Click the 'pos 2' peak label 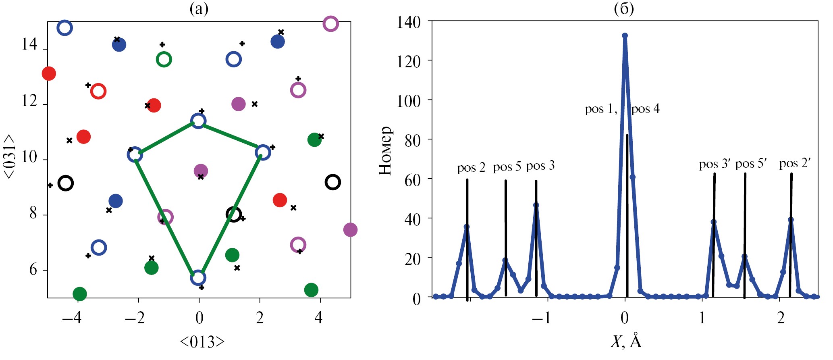[471, 168]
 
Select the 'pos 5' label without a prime [507, 167]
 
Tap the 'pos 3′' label [715, 164]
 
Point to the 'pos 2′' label [794, 163]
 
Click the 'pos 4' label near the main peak [645, 109]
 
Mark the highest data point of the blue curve [625, 35]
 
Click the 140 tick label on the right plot [409, 22]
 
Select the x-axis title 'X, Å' [625, 342]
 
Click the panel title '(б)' [624, 8]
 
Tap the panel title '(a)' [199, 8]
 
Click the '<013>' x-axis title [202, 342]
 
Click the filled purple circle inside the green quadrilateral [201, 171]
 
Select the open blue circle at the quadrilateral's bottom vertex [198, 277]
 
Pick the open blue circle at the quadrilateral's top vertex [198, 121]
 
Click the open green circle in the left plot [164, 60]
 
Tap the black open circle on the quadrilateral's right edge [234, 214]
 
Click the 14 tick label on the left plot [29, 44]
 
